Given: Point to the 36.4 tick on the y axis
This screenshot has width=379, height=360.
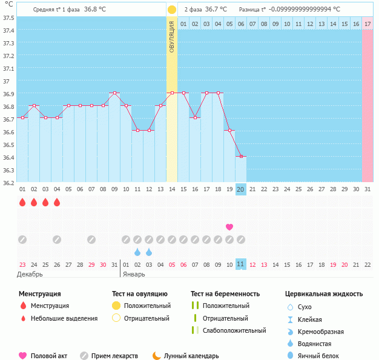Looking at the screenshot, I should (8, 157).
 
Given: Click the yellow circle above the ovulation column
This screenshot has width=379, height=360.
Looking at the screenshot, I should (172, 10).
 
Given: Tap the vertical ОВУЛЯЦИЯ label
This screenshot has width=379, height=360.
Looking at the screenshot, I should (172, 36).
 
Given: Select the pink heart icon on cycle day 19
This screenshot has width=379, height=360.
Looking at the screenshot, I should (229, 227).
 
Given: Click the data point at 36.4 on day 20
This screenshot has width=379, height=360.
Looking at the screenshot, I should (241, 156).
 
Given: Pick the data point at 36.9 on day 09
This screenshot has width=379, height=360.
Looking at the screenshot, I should (114, 93).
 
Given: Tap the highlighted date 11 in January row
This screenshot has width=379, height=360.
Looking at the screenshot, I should (241, 264).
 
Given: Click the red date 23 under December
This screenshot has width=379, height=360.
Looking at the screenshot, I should (22, 264).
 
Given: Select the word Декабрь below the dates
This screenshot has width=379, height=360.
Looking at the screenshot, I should (30, 274).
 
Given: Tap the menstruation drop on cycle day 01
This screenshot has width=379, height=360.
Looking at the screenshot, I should (22, 203).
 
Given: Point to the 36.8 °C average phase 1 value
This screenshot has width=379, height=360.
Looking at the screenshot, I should (94, 10).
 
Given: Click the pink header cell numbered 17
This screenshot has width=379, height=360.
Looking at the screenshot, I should (367, 24).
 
